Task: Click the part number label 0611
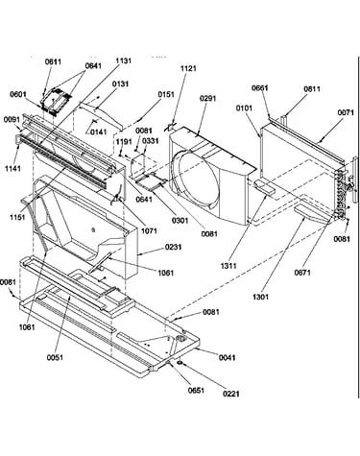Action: click(x=53, y=61)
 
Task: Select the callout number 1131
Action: click(x=123, y=60)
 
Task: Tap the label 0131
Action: click(x=120, y=84)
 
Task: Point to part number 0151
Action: click(x=166, y=94)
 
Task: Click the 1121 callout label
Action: click(x=188, y=68)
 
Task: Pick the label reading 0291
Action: click(x=208, y=98)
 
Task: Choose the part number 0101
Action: click(x=244, y=108)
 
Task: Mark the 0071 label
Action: click(x=346, y=112)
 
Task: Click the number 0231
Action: click(x=174, y=247)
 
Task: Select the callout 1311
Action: click(x=228, y=266)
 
